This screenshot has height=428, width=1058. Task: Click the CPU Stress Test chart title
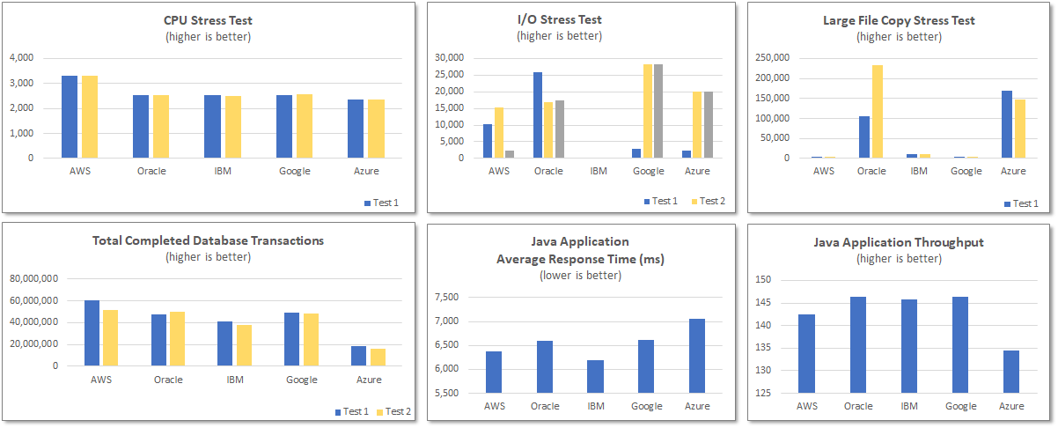click(208, 20)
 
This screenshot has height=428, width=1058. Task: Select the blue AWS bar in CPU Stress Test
click(70, 117)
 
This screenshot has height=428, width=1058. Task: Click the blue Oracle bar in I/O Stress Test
click(538, 115)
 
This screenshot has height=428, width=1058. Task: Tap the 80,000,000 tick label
click(33, 279)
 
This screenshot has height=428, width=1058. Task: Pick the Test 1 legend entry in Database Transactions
click(350, 411)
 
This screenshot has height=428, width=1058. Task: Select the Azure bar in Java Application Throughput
click(1010, 372)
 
